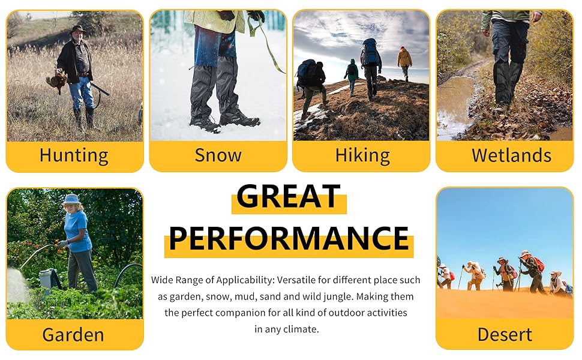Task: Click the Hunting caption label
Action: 74,155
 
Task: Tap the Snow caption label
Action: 218,155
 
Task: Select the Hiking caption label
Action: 362,155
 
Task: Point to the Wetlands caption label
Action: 511,155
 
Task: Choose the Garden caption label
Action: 73,334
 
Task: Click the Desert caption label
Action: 505,334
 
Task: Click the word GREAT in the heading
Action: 289,196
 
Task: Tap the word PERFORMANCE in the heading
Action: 289,238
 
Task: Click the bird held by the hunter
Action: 57,80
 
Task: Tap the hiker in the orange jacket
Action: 405,59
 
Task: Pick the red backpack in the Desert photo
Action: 539,264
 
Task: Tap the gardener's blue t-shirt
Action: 79,230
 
